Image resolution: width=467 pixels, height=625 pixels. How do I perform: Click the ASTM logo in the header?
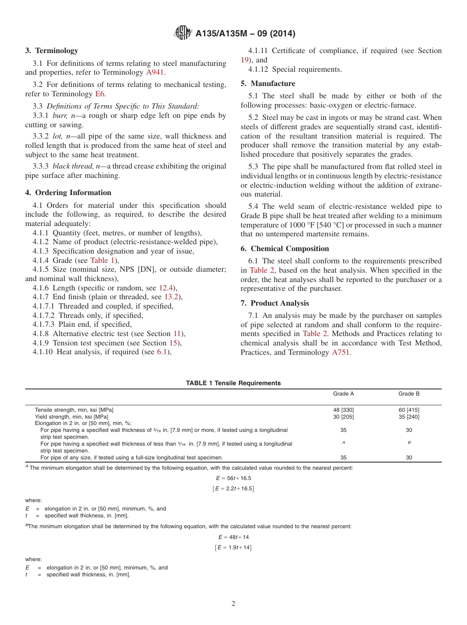click(183, 33)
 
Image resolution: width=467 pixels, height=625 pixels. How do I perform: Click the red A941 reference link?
click(156, 72)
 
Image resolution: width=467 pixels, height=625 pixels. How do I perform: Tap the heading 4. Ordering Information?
click(68, 193)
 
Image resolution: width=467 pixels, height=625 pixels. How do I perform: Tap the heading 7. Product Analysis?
click(275, 303)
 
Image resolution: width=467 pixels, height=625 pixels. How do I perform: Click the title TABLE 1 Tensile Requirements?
click(233, 383)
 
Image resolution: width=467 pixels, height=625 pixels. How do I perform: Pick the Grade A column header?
click(343, 394)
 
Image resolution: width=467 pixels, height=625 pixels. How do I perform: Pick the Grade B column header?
click(409, 394)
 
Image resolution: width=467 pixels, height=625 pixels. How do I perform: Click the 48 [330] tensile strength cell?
click(343, 410)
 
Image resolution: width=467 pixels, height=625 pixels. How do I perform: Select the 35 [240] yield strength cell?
click(409, 417)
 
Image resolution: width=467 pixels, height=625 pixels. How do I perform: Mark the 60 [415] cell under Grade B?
click(409, 410)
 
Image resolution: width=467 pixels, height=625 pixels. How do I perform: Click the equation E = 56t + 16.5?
click(233, 478)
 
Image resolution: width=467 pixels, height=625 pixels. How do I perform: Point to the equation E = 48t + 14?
click(233, 537)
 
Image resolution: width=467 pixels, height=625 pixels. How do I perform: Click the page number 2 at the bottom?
click(233, 604)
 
